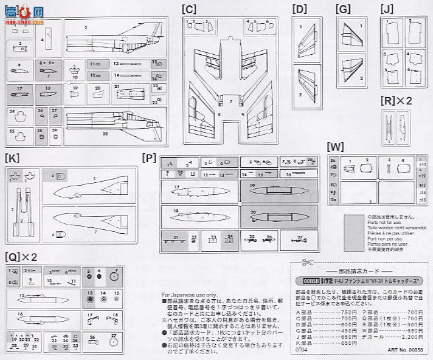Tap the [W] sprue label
coord(335,147)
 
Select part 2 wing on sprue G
coord(351,71)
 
